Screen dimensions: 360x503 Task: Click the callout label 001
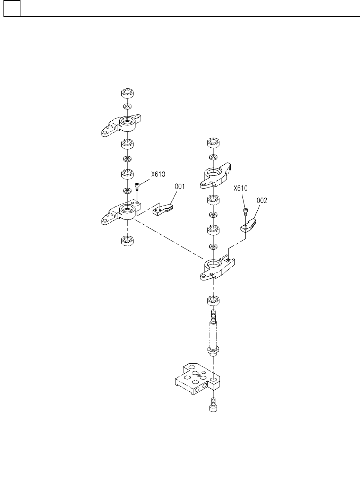tap(179, 187)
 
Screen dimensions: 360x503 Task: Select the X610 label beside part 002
tap(240, 188)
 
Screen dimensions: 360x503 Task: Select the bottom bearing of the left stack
tap(128, 240)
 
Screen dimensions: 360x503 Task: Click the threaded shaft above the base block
tap(214, 333)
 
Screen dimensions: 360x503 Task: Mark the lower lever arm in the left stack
tap(121, 213)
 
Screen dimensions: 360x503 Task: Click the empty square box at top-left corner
tap(11, 8)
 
